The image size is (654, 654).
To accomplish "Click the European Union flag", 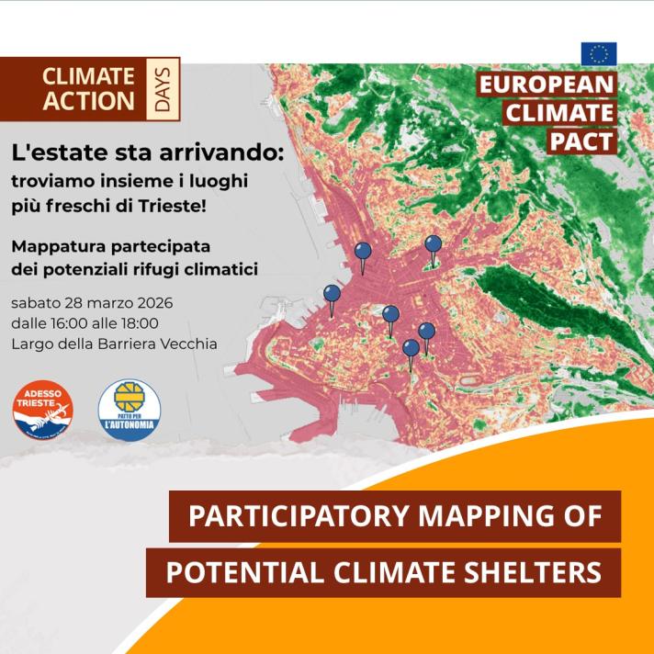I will click(599, 54).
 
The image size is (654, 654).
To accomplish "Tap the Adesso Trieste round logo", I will click(42, 410).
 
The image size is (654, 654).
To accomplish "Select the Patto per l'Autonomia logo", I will click(129, 410).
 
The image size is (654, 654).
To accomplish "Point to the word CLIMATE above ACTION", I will click(89, 76).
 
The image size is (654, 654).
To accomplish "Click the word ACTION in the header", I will click(89, 101).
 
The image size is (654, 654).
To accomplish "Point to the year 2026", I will click(154, 302).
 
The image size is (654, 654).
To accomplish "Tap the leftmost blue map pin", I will click(333, 294).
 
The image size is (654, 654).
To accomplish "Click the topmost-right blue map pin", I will click(433, 244).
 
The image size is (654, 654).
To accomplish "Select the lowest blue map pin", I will click(411, 348).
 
